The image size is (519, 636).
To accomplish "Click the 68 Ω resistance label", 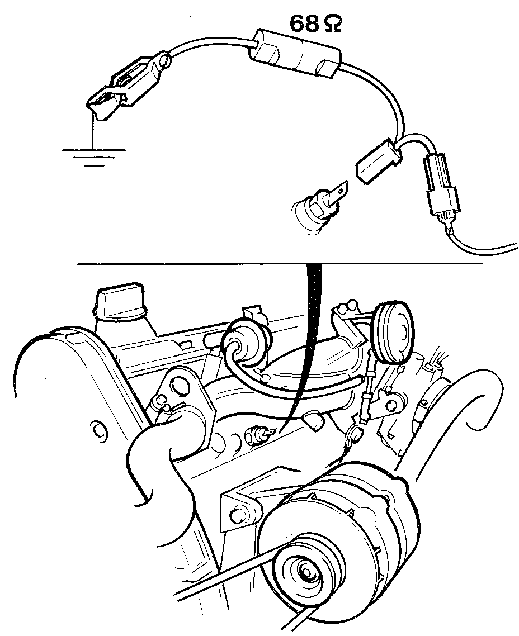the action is pyautogui.click(x=315, y=23).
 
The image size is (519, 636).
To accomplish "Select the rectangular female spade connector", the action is pyautogui.click(x=379, y=160).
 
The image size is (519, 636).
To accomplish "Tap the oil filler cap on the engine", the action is pyautogui.click(x=120, y=302).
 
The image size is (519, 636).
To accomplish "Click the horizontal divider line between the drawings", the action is pyautogui.click(x=280, y=264).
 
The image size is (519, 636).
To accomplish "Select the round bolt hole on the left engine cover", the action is pyautogui.click(x=98, y=428).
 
